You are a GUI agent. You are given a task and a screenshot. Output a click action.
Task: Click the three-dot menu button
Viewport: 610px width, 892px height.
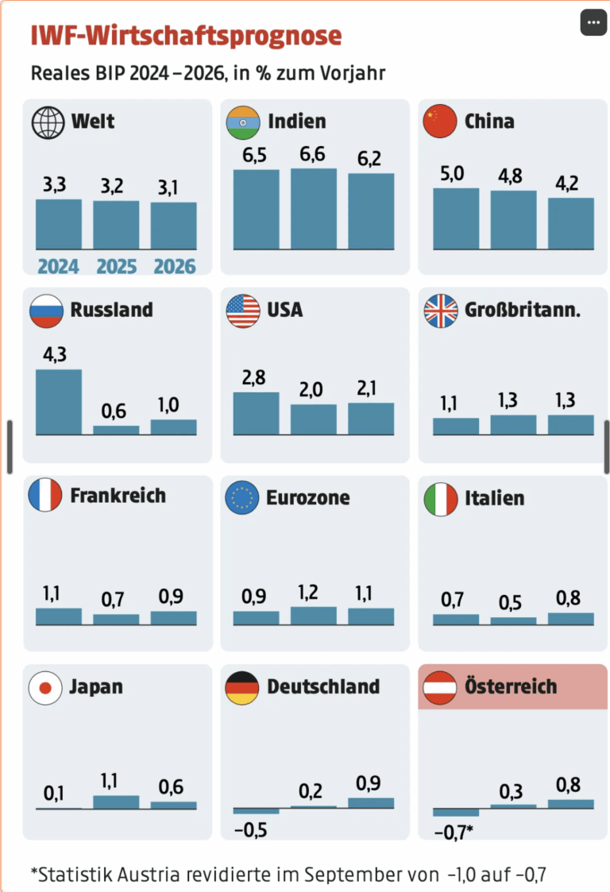[593, 22]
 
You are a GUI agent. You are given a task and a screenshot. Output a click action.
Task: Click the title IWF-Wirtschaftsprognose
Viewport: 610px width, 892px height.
[186, 36]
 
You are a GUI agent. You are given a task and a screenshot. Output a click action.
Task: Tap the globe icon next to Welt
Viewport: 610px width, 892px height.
[48, 122]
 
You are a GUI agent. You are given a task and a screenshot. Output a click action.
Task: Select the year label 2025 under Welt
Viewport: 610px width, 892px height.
[116, 266]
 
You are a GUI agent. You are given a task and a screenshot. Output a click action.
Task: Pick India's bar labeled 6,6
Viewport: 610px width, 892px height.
[313, 208]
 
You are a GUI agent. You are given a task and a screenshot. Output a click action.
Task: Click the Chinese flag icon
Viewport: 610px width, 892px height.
[441, 122]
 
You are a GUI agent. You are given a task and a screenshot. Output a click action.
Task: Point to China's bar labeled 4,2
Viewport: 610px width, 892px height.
[570, 223]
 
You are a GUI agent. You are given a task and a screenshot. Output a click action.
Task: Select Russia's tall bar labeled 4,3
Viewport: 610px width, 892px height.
[59, 402]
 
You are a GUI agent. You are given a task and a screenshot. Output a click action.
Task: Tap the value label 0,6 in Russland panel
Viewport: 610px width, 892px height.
[116, 411]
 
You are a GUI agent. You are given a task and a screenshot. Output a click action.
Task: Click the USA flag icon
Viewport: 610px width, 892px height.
[243, 311]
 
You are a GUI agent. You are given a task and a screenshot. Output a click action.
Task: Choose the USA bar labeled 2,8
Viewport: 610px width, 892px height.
[256, 413]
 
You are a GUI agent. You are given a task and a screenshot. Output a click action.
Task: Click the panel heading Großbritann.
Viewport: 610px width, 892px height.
[523, 310]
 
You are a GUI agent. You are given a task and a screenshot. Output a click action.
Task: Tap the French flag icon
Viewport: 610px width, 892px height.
[45, 496]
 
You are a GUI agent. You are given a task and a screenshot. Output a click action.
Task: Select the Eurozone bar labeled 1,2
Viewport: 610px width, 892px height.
[313, 616]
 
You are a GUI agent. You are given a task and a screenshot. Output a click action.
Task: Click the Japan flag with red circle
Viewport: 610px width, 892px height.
[45, 687]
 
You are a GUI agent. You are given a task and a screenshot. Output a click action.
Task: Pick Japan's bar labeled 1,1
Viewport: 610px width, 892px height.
[116, 801]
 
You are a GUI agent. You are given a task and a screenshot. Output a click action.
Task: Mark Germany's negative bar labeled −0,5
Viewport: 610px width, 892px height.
[256, 811]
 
